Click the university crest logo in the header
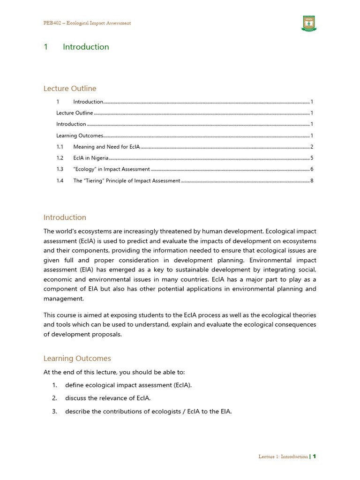point(308,24)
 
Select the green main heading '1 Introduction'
point(76,47)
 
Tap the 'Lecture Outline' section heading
point(70,89)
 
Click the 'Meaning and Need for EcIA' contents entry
point(106,147)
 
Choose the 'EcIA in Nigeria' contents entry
point(91,158)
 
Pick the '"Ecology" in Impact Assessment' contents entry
point(112,169)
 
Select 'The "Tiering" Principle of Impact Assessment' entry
point(127,180)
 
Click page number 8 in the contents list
point(312,180)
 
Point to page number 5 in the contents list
point(312,158)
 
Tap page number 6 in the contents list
point(312,169)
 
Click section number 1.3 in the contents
point(60,169)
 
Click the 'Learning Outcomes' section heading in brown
point(77,359)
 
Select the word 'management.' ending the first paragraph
point(64,298)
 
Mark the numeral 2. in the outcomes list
point(54,398)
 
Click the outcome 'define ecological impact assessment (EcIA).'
point(128,385)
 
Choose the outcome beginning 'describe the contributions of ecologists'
point(149,412)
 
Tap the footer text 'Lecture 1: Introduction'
point(283,457)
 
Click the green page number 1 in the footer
point(315,457)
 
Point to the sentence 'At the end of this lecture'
point(114,372)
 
